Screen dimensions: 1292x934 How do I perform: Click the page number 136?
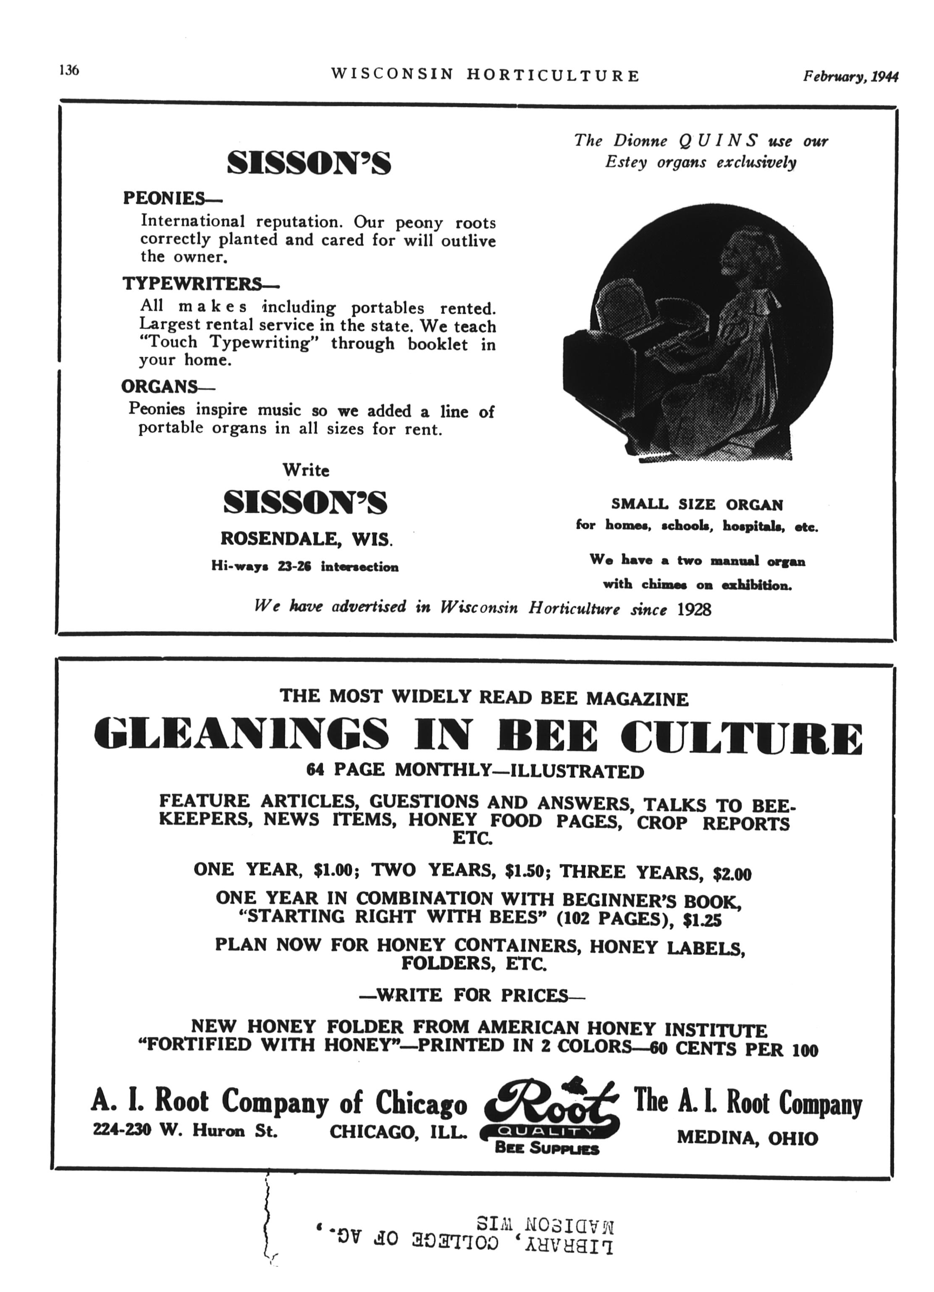pyautogui.click(x=68, y=71)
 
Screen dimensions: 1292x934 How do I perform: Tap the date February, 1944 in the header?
pyautogui.click(x=850, y=76)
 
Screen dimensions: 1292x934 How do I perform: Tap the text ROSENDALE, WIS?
pyautogui.click(x=306, y=539)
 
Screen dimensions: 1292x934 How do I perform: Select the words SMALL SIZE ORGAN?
pyautogui.click(x=697, y=505)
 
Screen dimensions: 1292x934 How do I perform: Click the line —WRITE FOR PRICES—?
pyautogui.click(x=472, y=995)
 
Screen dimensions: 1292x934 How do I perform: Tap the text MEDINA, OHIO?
pyautogui.click(x=747, y=1139)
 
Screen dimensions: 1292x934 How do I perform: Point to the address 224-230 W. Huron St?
pyautogui.click(x=185, y=1130)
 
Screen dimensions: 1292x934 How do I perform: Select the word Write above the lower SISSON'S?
pyautogui.click(x=306, y=470)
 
